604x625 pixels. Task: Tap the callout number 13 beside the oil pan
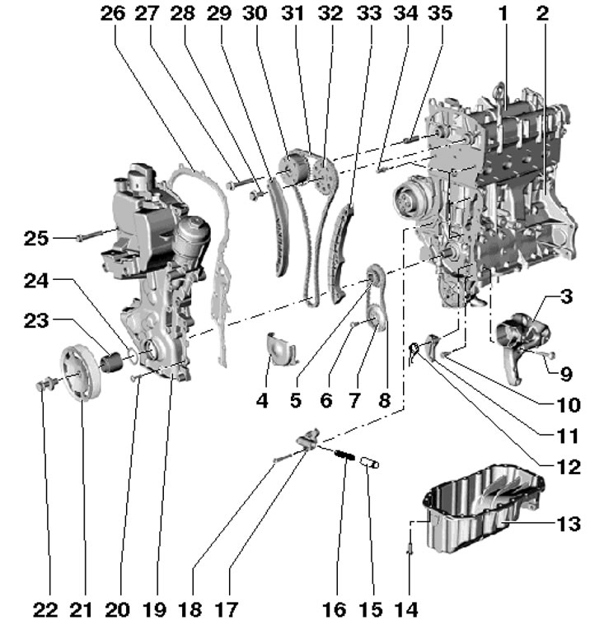point(568,523)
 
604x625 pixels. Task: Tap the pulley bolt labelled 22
point(46,384)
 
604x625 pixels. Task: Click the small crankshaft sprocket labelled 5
point(374,276)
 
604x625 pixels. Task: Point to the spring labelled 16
point(344,455)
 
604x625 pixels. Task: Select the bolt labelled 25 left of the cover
point(85,236)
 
